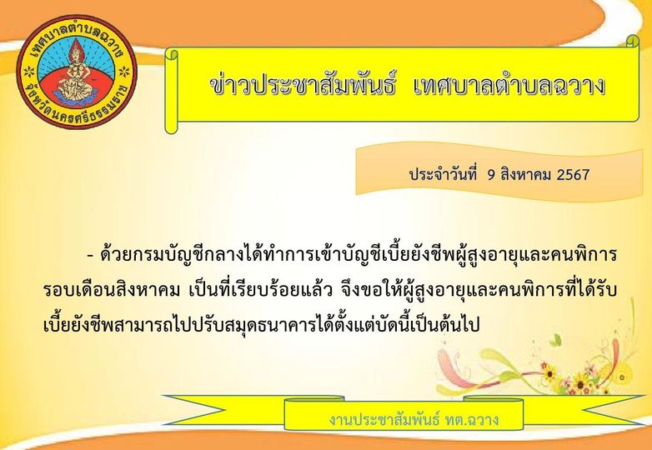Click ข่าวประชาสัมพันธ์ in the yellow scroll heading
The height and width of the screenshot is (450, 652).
(302, 87)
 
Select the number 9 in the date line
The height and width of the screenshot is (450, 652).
(491, 174)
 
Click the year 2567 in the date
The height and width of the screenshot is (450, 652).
(573, 174)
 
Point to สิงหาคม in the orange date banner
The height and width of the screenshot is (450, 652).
(525, 174)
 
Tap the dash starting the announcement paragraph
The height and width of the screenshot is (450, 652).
(90, 256)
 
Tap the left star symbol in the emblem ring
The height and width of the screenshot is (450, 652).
(29, 72)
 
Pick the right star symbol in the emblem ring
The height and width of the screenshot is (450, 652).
(124, 72)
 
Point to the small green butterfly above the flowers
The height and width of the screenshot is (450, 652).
(555, 340)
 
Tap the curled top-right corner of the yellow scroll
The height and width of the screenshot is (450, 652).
(633, 41)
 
